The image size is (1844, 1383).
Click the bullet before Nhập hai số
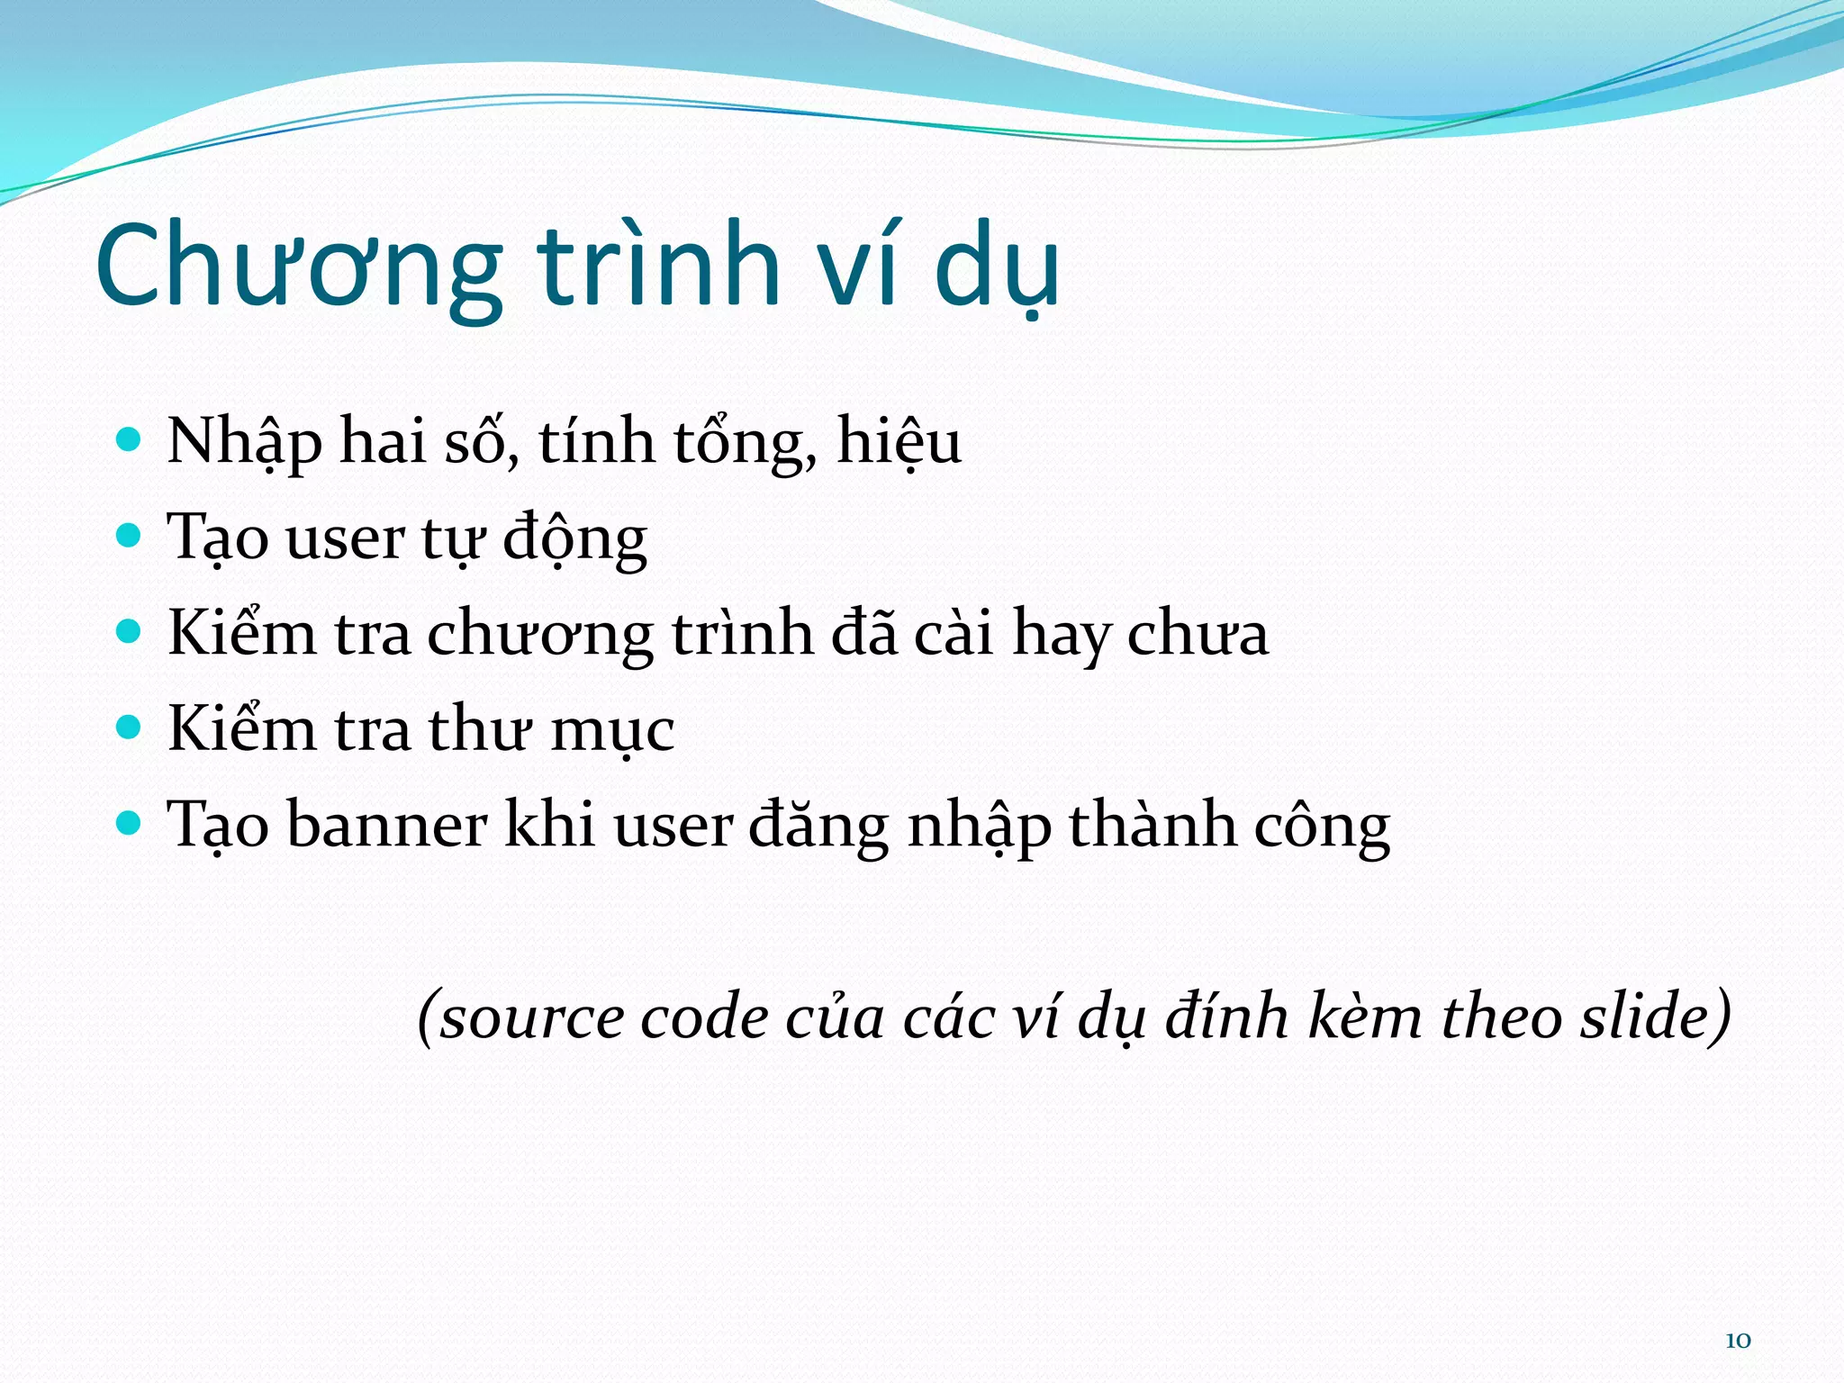130,440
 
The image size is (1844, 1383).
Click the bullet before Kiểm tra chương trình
130,632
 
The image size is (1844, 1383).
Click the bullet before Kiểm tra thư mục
130,728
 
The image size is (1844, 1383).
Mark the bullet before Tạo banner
130,823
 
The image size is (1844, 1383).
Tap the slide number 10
1738,1341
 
